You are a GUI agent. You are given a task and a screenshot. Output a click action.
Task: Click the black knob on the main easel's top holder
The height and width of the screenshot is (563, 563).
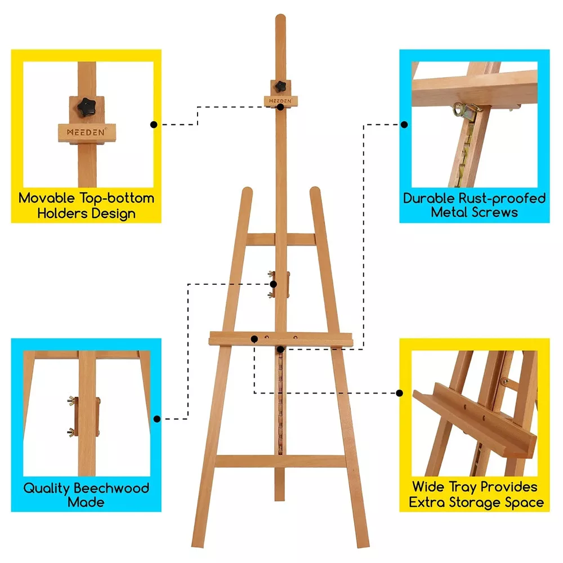pyautogui.click(x=280, y=86)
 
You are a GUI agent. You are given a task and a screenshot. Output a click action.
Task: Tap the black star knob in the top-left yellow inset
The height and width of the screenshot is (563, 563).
pyautogui.click(x=87, y=107)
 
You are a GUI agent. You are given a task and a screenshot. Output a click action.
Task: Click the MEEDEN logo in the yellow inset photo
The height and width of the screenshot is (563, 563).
pyautogui.click(x=86, y=132)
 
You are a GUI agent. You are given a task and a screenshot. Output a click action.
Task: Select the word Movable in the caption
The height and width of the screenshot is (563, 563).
pyautogui.click(x=47, y=198)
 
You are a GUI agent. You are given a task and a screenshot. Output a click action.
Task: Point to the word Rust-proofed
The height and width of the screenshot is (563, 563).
pyautogui.click(x=502, y=199)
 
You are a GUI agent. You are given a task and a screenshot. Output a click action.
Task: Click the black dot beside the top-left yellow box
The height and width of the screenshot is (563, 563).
pyautogui.click(x=154, y=124)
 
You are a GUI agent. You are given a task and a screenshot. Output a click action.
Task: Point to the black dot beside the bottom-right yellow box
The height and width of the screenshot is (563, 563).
pyautogui.click(x=400, y=393)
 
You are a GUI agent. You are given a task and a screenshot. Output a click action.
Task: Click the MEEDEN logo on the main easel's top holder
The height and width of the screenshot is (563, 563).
pyautogui.click(x=280, y=101)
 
